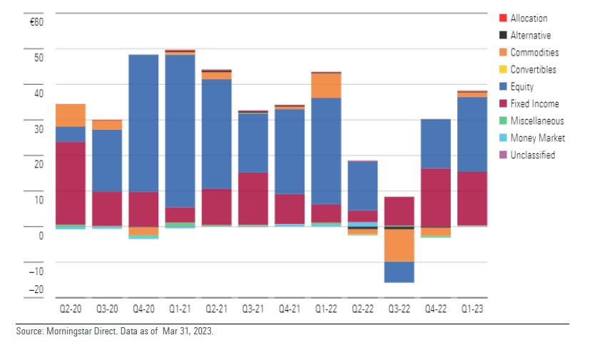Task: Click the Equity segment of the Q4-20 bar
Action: [143, 123]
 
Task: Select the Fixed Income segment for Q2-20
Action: [71, 182]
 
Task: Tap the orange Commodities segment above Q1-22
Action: [327, 86]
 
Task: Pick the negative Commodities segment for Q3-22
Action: [400, 245]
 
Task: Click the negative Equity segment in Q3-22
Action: [400, 272]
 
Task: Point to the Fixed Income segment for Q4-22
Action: [437, 197]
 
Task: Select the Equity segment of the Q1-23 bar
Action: [473, 134]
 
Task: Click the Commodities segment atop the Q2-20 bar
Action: [71, 115]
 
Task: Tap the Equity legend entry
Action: [522, 87]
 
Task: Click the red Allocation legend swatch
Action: [503, 19]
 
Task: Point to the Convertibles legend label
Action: [533, 70]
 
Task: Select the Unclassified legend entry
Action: [532, 155]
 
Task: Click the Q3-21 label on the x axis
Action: [253, 310]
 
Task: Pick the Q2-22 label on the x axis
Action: [363, 310]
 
